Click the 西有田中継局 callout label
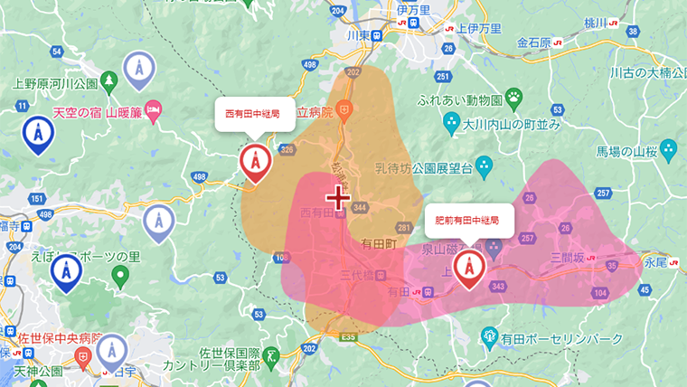(253, 115)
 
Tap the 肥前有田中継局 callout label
(468, 220)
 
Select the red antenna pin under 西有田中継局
(255, 163)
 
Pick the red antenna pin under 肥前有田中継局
(467, 268)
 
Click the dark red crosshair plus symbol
(339, 197)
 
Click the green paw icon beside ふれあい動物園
(514, 96)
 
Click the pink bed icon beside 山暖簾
(154, 111)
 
